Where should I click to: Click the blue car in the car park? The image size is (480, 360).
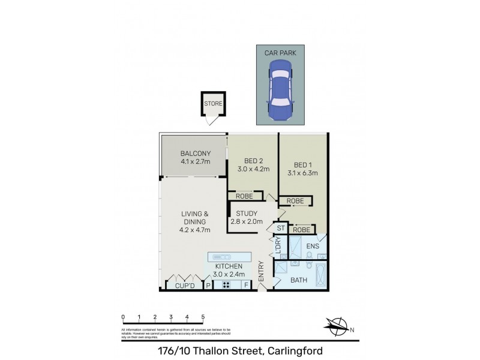coord(280,91)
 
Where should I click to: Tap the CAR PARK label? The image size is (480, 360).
coord(280,53)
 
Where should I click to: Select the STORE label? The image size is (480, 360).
coord(213,104)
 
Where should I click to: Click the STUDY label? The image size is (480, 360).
coord(246,214)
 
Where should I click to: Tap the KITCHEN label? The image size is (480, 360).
coord(228,266)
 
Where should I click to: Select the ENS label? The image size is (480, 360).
coord(312,246)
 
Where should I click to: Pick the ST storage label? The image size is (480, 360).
coord(280,229)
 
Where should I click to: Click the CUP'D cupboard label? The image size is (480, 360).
coord(185,286)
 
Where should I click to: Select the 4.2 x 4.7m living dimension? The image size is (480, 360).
coord(194,229)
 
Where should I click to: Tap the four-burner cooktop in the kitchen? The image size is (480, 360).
coord(229,286)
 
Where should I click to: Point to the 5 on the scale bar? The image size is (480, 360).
coord(203,317)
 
